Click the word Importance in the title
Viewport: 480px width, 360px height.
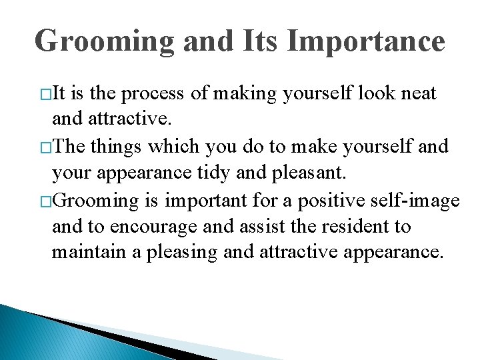point(366,41)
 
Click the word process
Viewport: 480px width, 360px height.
point(153,94)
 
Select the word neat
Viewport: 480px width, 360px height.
point(419,93)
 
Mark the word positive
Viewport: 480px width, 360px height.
point(306,200)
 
